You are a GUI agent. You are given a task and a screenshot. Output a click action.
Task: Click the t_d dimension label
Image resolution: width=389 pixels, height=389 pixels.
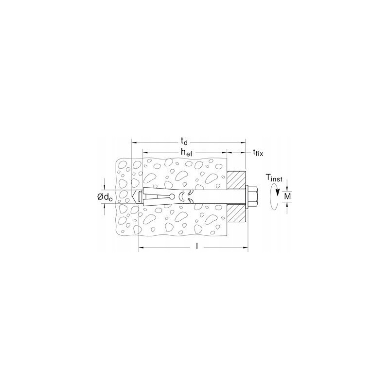184,141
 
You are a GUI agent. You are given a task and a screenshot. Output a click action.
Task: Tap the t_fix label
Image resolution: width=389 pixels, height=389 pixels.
258,152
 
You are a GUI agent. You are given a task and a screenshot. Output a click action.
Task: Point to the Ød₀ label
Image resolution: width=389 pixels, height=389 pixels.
105,197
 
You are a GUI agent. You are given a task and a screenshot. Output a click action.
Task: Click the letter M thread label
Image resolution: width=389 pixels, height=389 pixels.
287,196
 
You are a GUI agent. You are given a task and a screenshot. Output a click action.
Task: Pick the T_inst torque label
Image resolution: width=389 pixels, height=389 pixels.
274,178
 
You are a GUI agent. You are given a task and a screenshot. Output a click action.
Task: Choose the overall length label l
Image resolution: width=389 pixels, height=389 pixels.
197,246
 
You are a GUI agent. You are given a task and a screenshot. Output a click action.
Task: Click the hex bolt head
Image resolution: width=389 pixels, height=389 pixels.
252,196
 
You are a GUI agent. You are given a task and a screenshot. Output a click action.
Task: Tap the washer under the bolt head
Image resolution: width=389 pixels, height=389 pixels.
248,196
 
